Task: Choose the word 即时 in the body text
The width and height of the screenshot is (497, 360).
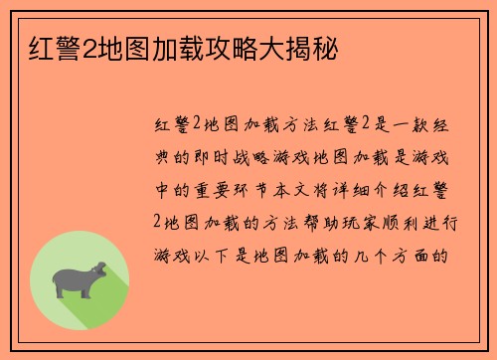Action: tap(210, 157)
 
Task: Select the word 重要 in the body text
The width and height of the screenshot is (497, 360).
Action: tap(211, 189)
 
